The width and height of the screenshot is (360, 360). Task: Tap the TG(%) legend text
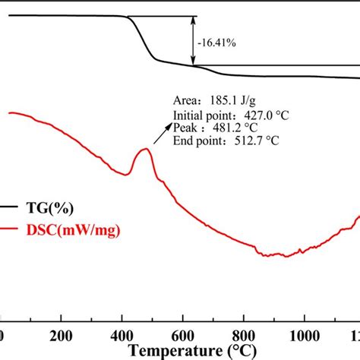[53, 207]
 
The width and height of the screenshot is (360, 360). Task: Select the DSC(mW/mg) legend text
[71, 227]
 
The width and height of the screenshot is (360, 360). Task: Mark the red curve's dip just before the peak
[127, 175]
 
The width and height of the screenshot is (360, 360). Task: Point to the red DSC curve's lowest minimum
[286, 257]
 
